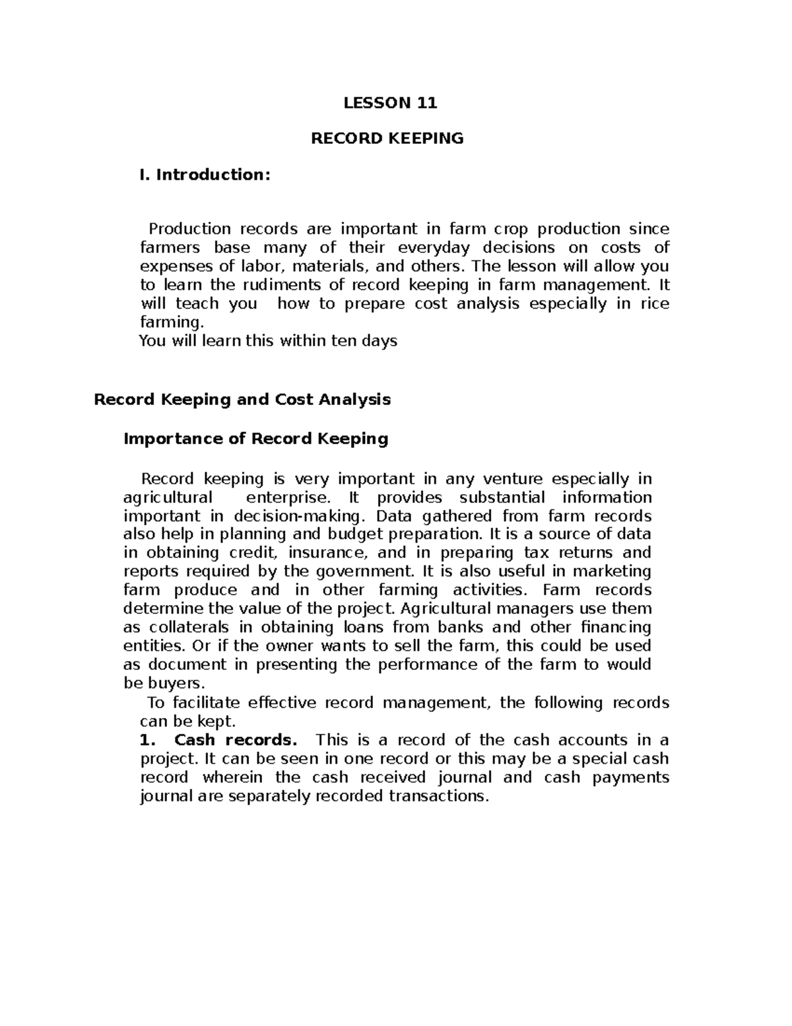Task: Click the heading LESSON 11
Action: (390, 102)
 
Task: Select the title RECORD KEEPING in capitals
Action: (387, 138)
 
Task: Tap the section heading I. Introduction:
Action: (204, 174)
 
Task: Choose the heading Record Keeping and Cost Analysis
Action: (242, 399)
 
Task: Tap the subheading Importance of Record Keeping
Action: (256, 439)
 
